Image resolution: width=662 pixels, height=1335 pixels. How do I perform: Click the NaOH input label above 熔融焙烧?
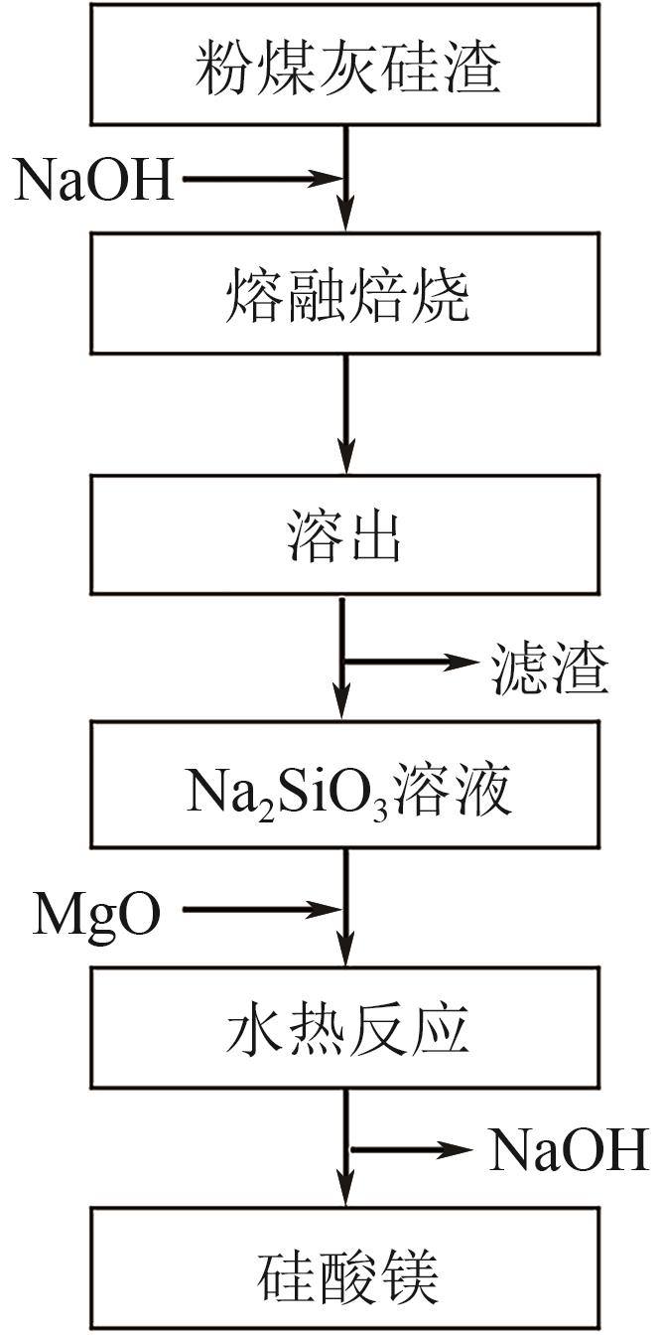[x=94, y=181]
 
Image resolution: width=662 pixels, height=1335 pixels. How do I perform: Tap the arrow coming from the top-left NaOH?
[x=262, y=180]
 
